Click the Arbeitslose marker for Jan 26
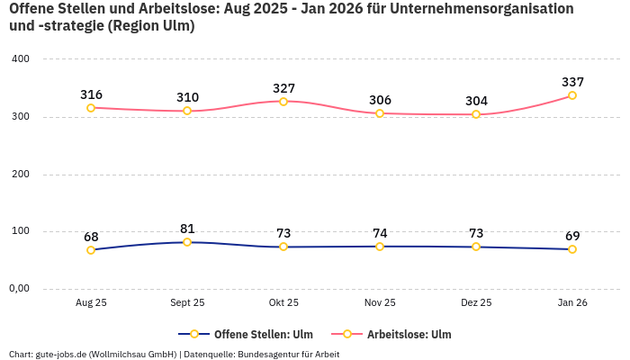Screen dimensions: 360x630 coord(572,95)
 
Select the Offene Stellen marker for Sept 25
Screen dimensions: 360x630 coord(187,242)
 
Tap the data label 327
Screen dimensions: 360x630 coord(283,88)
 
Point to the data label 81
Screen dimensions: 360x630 coord(187,229)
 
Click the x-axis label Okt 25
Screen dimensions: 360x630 coord(283,303)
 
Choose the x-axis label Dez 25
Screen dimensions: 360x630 coord(476,303)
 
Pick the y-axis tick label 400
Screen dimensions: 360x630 coord(20,58)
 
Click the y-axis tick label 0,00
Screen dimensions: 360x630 coord(18,289)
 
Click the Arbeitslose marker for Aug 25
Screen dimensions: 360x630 coord(91,108)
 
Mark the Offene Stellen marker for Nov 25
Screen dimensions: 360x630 coord(380,247)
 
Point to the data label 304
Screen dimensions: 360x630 coord(476,101)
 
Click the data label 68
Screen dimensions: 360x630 coord(91,237)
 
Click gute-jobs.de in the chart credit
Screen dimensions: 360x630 coord(60,354)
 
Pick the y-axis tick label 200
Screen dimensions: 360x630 coord(20,174)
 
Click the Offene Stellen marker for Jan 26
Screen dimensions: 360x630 coord(572,249)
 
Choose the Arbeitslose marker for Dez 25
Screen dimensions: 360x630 coord(476,114)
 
